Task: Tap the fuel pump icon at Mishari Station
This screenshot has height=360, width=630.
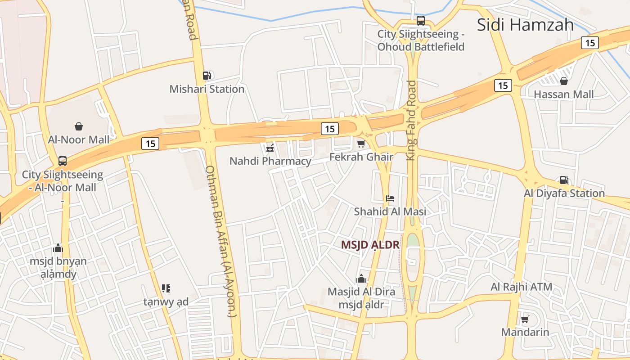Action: pos(207,76)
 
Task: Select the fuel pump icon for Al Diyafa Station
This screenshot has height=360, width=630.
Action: pos(564,180)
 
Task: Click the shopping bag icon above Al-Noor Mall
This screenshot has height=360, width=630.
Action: pos(79,126)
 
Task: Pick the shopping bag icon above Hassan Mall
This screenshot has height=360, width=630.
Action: pos(563,81)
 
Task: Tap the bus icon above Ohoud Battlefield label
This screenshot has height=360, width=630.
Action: pos(421,20)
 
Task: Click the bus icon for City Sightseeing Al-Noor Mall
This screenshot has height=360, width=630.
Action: pos(63,161)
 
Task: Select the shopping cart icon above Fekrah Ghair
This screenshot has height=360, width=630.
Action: pos(361,144)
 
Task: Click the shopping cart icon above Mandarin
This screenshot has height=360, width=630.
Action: pos(525,319)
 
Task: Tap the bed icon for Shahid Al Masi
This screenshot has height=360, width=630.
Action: pos(390,198)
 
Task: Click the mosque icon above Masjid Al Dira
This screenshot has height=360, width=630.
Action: pos(361,279)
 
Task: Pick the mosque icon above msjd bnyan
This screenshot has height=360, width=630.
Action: pos(58,248)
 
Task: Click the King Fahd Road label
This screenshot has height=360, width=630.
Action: pos(411,120)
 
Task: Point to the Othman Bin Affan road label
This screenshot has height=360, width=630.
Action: pos(220,241)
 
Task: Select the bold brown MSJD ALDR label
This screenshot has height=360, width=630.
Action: pos(370,245)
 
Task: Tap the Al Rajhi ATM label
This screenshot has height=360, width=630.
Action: pos(521,287)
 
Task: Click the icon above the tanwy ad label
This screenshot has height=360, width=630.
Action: pos(166,288)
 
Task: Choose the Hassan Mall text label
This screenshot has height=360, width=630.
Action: pos(563,94)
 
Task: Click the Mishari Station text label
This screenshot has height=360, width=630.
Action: pos(207,89)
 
